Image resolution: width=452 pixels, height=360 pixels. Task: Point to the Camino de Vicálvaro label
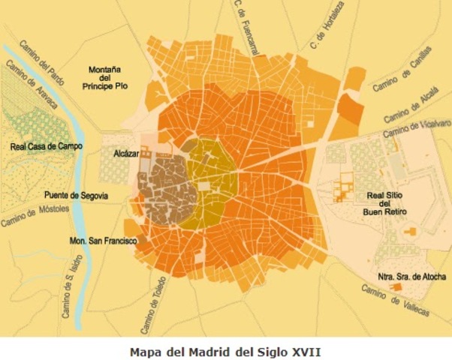[417, 130]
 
